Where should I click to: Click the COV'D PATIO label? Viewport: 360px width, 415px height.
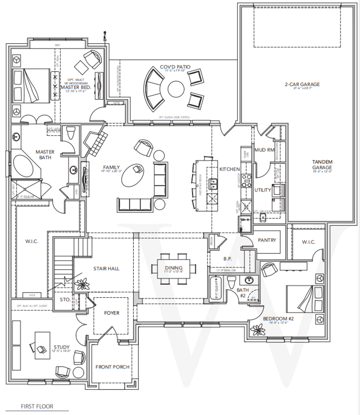tap(175, 67)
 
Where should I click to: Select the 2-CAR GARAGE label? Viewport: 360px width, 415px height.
tap(302, 84)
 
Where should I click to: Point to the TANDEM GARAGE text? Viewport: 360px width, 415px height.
tap(322, 165)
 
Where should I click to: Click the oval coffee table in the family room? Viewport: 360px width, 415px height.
tap(133, 175)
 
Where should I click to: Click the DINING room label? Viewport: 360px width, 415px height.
tap(174, 268)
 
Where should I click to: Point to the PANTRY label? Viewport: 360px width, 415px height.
tap(267, 240)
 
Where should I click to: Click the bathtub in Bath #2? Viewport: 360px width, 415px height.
tap(216, 288)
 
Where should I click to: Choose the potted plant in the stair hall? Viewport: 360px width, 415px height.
tap(82, 284)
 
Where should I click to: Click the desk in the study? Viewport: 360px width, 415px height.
tap(42, 345)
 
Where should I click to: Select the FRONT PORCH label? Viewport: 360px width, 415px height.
tap(112, 367)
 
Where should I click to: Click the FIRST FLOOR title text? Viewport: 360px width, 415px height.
tap(37, 406)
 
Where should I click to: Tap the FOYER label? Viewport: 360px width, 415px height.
tap(112, 313)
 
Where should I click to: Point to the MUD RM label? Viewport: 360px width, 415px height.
tap(264, 150)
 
